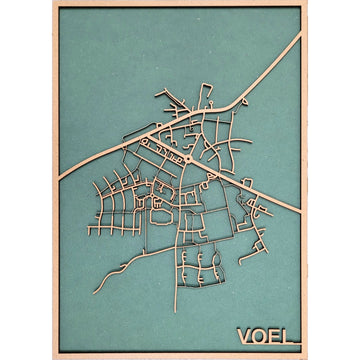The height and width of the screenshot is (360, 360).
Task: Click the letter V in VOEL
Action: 244,336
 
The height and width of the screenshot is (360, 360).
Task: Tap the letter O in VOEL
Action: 260,336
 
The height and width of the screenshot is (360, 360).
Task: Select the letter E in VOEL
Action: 276,336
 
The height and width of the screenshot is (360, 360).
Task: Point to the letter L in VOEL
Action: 290,336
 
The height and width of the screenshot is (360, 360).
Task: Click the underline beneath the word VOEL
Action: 268,348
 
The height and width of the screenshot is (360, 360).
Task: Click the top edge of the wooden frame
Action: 180,4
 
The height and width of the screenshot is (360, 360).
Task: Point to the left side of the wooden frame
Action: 54,180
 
